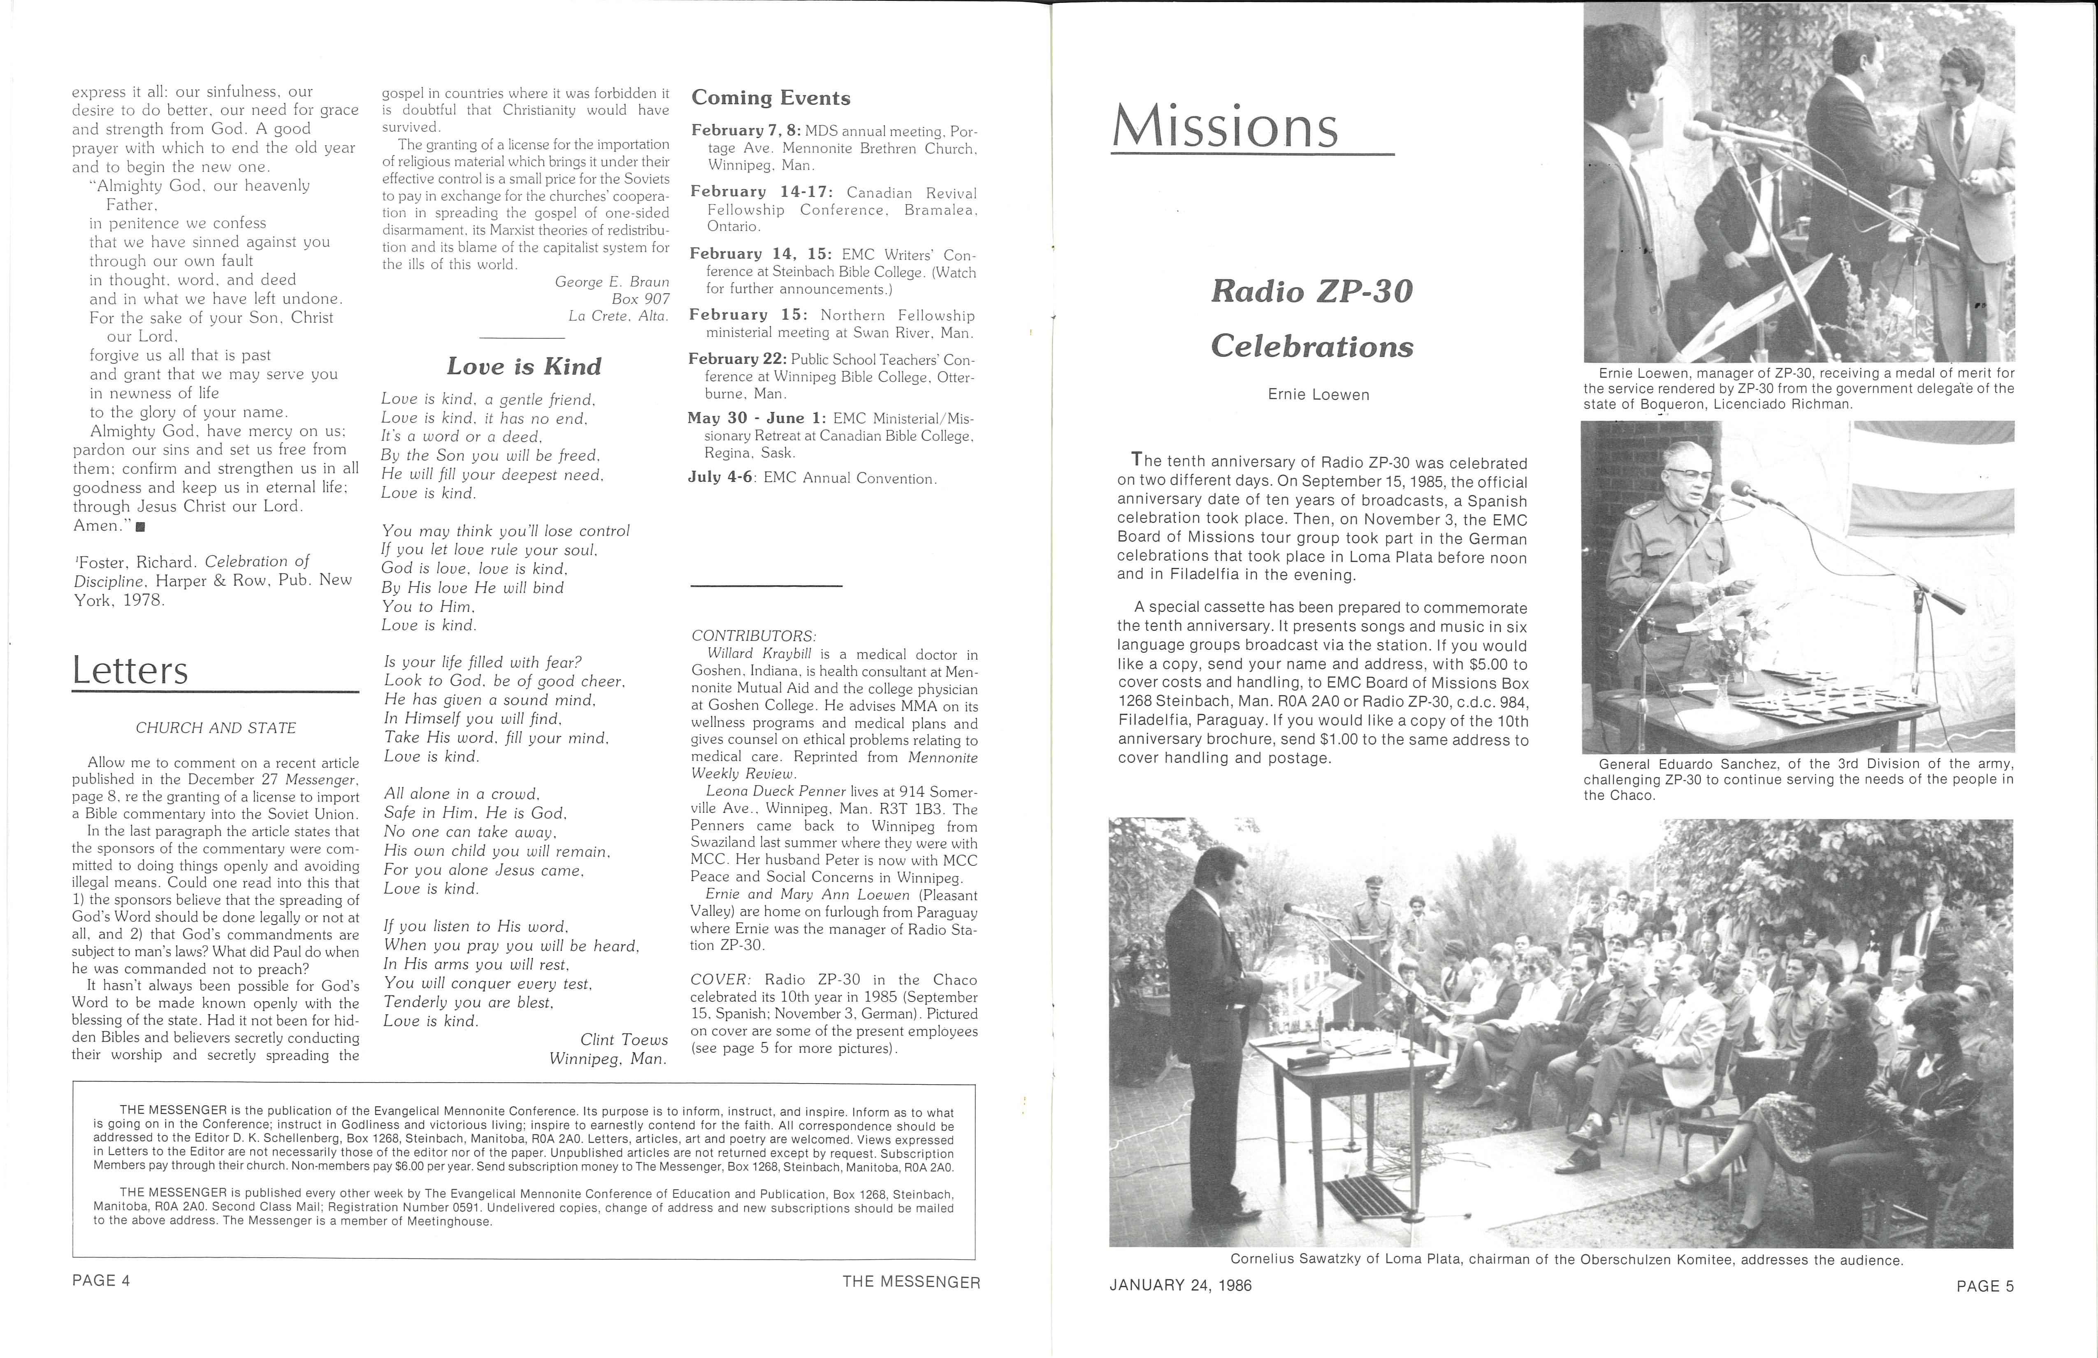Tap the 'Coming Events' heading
coord(771,98)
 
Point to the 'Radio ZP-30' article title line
coord(1312,291)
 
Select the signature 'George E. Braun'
coord(612,281)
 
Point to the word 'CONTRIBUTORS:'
coord(754,636)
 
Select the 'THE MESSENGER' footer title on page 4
coord(911,1281)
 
